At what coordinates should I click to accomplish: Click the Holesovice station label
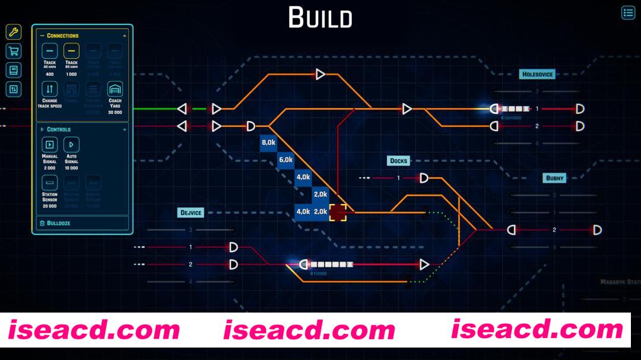(x=537, y=75)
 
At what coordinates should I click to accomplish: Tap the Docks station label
(x=398, y=161)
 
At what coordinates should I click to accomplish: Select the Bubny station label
(x=555, y=178)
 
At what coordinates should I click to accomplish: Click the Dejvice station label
(x=191, y=212)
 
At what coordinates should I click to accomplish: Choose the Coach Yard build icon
(x=115, y=90)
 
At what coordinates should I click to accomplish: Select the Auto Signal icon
(x=71, y=144)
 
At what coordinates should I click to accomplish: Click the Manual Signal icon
(x=50, y=144)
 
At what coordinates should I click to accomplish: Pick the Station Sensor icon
(x=50, y=182)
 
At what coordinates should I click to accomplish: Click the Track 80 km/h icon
(x=71, y=51)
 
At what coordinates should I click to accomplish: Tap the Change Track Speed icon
(x=50, y=90)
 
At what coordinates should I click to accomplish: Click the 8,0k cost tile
(x=269, y=143)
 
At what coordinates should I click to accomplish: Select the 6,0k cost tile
(x=286, y=160)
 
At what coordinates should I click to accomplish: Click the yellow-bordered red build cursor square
(x=338, y=212)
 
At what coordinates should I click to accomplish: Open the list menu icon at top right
(x=628, y=13)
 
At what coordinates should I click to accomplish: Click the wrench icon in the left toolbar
(x=13, y=32)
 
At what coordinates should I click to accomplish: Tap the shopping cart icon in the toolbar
(x=13, y=51)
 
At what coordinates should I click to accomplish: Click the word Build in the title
(x=320, y=18)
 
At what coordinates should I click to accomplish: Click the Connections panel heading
(x=63, y=36)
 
